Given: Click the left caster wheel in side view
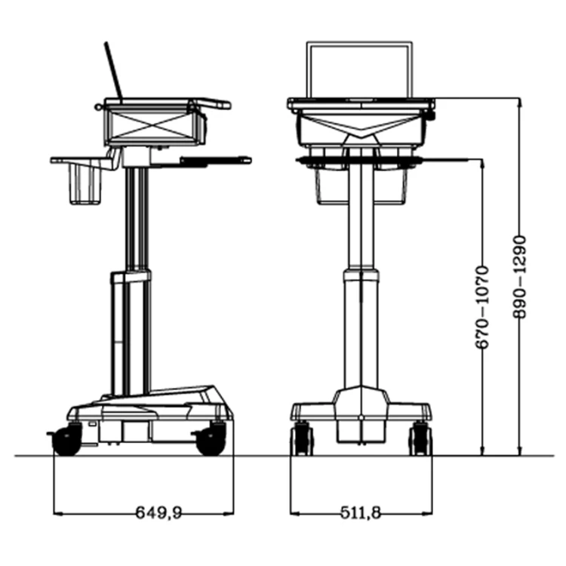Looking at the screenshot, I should pos(66,439).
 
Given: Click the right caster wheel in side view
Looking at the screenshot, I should pos(211,439).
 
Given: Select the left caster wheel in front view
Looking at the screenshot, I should pos(302,438).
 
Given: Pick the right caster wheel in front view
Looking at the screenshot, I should pos(420,438).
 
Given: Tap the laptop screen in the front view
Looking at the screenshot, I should pos(360,70).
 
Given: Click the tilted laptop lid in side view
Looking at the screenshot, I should pos(112,71).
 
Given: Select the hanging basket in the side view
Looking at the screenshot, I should pos(85,185).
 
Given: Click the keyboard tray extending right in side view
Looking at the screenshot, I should pos(215,159).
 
